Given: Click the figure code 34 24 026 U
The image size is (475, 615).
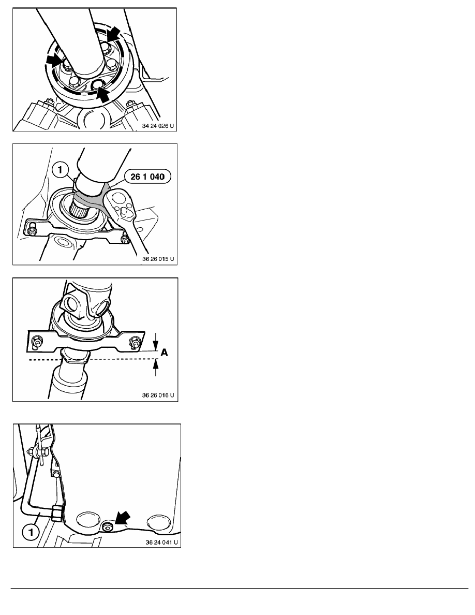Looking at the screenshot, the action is coord(157,126).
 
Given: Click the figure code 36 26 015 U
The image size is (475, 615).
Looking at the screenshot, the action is coord(158,259).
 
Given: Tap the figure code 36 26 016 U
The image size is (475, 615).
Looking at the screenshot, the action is coord(158,395).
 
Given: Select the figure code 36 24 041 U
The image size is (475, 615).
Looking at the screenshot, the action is coord(161,543).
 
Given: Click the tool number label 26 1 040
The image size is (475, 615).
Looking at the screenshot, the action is coord(147,177).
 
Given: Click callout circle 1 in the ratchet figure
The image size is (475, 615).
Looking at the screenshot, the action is coord(60,170).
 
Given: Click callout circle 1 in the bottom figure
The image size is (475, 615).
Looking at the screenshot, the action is coord(31,533).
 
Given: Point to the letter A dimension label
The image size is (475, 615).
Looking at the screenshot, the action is coord(164,353).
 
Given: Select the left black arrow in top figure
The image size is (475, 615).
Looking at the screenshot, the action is coord(54,61).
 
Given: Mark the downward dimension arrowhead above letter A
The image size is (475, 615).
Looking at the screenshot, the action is coord(156,346).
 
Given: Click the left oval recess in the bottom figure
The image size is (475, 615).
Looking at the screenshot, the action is coord(88,520).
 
